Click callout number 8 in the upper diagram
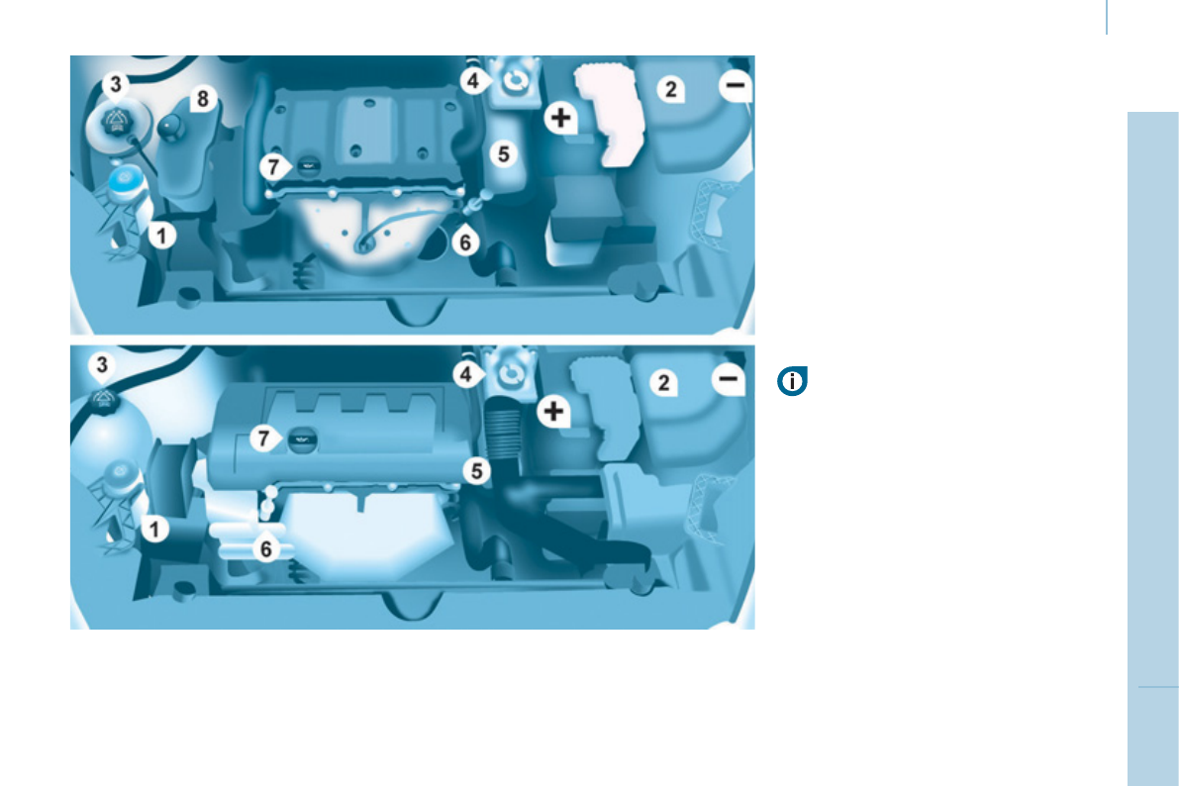pyautogui.click(x=203, y=98)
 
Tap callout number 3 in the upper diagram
pyautogui.click(x=117, y=84)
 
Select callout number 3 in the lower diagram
pyautogui.click(x=103, y=365)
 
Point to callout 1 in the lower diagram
pyautogui.click(x=154, y=530)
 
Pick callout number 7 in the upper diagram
pyautogui.click(x=274, y=167)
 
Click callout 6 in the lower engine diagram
pyautogui.click(x=264, y=548)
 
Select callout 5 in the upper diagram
pyautogui.click(x=504, y=154)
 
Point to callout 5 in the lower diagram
pyautogui.click(x=478, y=472)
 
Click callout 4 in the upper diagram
pyautogui.click(x=475, y=81)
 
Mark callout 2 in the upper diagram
pyautogui.click(x=671, y=90)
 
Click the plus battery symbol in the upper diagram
pyautogui.click(x=561, y=119)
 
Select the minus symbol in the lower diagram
pyautogui.click(x=729, y=379)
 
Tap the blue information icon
pyautogui.click(x=793, y=381)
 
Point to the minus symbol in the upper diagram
pyautogui.click(x=736, y=87)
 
